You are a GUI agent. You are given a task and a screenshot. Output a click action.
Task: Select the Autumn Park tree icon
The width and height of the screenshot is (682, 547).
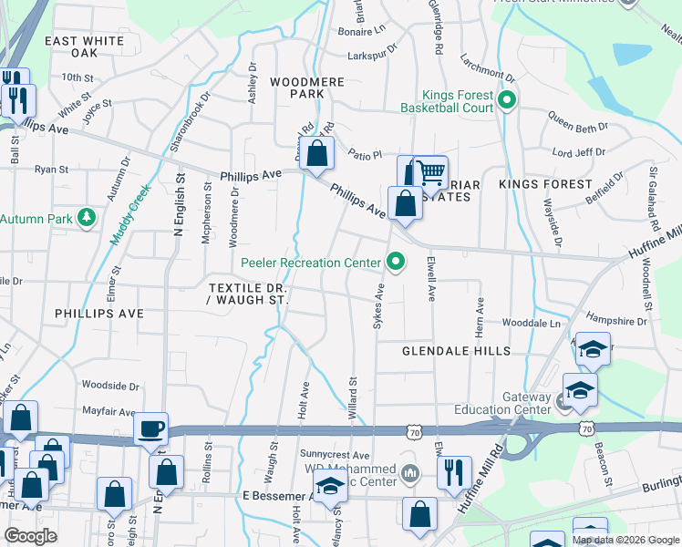pyautogui.click(x=87, y=219)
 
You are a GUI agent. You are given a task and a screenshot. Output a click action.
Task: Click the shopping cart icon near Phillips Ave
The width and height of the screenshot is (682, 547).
pyautogui.click(x=429, y=170)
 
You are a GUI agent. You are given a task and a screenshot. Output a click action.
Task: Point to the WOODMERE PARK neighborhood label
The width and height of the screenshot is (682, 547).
pyautogui.click(x=308, y=88)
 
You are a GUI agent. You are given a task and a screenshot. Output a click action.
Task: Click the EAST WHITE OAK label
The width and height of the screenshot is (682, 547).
pyautogui.click(x=84, y=47)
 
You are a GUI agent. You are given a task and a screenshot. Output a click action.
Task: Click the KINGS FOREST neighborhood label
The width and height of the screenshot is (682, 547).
pyautogui.click(x=545, y=184)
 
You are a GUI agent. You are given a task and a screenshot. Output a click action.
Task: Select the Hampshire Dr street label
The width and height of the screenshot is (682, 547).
pyautogui.click(x=616, y=321)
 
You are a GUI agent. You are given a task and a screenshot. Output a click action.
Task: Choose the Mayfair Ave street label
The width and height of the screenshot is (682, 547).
pyautogui.click(x=108, y=411)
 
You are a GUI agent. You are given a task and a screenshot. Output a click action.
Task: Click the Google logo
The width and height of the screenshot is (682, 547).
pyautogui.click(x=30, y=536)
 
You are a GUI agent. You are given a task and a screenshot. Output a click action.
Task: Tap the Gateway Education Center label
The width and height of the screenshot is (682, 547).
pyautogui.click(x=527, y=403)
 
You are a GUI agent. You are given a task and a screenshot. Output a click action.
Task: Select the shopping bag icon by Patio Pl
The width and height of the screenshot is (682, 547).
pyautogui.click(x=316, y=155)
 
